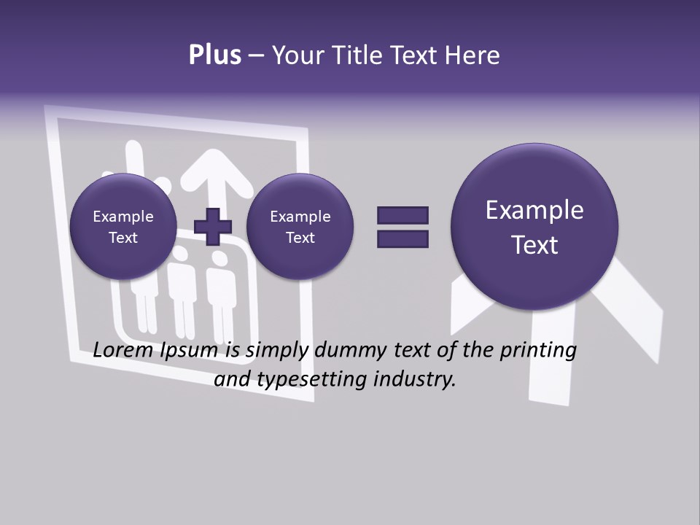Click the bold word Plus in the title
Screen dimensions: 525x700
[214, 55]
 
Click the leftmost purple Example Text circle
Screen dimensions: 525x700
[123, 227]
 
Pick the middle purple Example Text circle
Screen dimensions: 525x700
[300, 227]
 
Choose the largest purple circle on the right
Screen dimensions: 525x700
[534, 227]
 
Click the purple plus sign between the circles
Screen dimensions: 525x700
[213, 227]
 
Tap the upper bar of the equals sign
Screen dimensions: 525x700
[402, 215]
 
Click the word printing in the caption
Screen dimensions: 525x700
[537, 351]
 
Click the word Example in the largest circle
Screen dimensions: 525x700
[534, 210]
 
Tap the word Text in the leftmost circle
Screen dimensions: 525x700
[123, 238]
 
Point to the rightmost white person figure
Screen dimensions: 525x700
[219, 299]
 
